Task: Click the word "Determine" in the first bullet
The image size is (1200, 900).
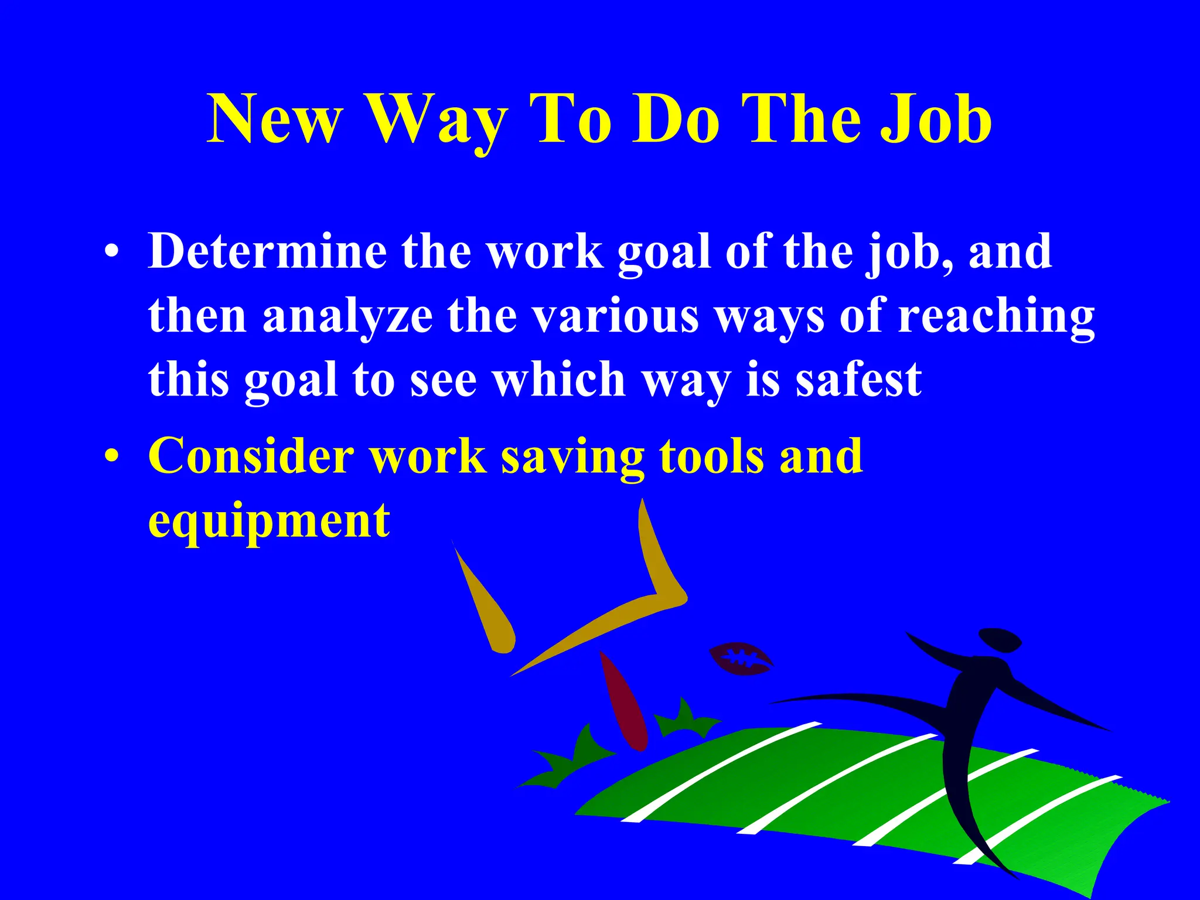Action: pos(267,251)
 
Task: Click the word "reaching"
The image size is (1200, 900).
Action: pos(996,316)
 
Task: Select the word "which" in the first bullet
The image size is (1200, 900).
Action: pos(559,379)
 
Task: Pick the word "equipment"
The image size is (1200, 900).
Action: pos(269,520)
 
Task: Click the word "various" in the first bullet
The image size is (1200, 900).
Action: pos(615,316)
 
